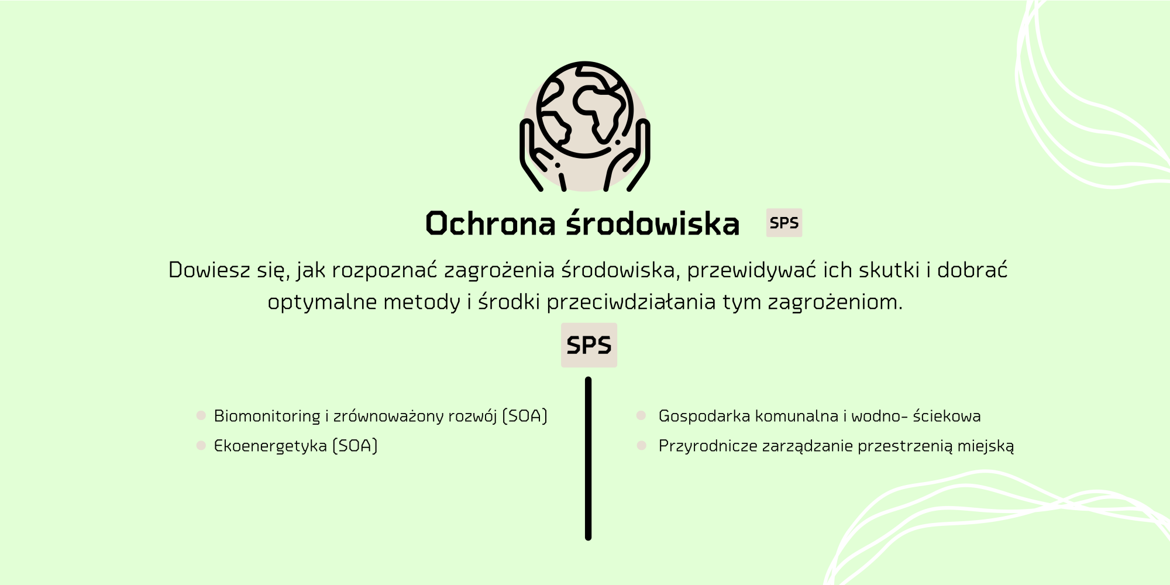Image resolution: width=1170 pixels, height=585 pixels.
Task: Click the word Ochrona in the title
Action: click(490, 224)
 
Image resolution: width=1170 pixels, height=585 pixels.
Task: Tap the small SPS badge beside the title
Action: click(784, 223)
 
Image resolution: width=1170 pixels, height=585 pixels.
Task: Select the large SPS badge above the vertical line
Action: click(589, 345)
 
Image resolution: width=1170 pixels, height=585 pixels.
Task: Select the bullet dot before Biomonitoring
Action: click(201, 415)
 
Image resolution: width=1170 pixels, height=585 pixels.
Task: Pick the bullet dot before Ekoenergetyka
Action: click(201, 446)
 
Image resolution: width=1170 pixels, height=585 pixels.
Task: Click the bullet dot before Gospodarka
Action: click(641, 415)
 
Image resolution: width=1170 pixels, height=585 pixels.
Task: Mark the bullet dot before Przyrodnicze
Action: click(641, 446)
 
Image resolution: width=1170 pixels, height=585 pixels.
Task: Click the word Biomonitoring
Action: click(267, 416)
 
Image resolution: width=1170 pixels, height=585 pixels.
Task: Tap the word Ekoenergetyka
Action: click(270, 446)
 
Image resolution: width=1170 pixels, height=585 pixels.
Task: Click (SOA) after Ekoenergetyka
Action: click(355, 446)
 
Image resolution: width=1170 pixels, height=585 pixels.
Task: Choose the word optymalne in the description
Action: click(323, 302)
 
